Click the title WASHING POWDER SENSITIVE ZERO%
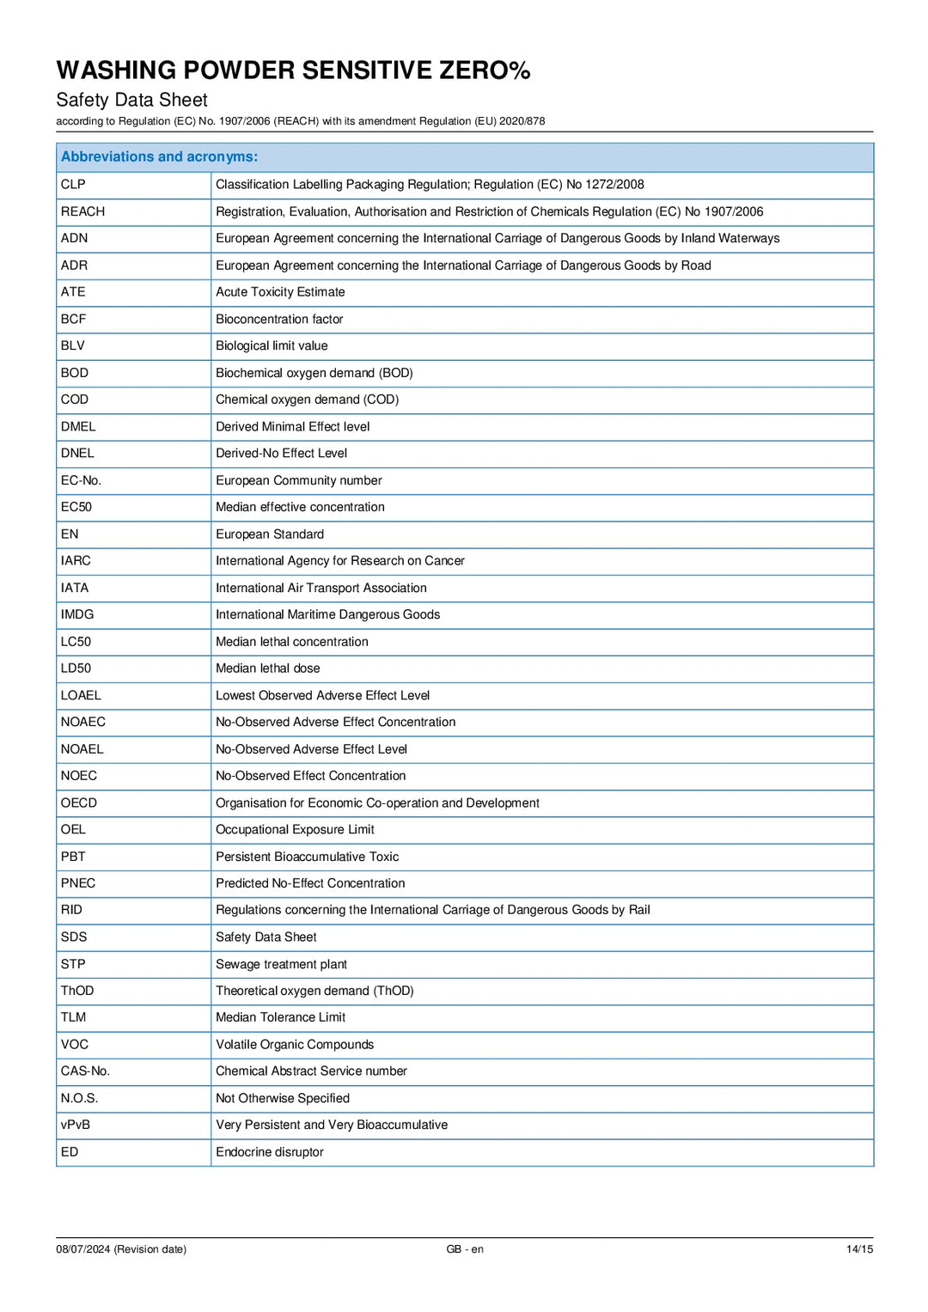click(x=293, y=70)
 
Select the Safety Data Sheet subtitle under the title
click(x=131, y=100)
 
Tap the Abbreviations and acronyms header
click(x=159, y=156)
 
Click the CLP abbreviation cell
click(x=73, y=184)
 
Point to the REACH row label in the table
click(x=82, y=211)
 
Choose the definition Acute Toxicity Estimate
click(x=280, y=292)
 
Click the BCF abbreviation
click(x=73, y=319)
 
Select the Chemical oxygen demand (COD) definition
click(x=307, y=400)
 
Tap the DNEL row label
click(x=77, y=453)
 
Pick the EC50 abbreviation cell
click(x=76, y=507)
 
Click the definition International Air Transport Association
click(x=321, y=588)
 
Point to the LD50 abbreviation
click(x=76, y=668)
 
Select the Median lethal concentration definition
click(x=291, y=642)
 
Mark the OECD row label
click(x=79, y=802)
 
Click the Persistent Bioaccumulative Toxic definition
click(x=307, y=857)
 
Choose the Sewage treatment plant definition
click(x=281, y=964)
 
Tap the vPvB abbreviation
click(x=75, y=1125)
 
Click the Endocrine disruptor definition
click(x=269, y=1152)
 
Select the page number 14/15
click(x=859, y=1249)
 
